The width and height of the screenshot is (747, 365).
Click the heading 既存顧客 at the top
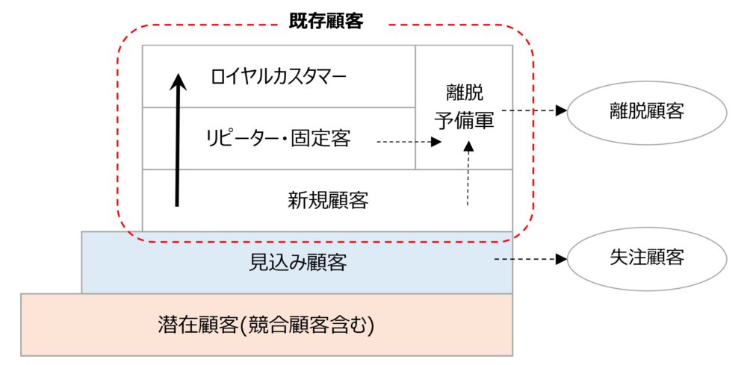(326, 22)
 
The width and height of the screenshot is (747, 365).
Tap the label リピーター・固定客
(278, 138)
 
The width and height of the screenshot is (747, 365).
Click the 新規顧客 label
(327, 200)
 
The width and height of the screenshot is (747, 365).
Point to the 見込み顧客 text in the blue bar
(297, 262)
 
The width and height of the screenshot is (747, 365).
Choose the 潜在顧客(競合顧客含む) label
(266, 325)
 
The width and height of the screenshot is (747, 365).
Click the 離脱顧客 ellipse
(647, 111)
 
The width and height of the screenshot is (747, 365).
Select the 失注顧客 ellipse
(647, 258)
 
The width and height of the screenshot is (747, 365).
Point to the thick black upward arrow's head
(177, 80)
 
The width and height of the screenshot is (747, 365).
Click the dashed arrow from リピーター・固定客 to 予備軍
(407, 140)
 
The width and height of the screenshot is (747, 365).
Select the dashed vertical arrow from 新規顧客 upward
(468, 175)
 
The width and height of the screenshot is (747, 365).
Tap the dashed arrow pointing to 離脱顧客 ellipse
(534, 110)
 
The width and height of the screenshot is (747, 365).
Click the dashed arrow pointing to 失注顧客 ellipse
(532, 260)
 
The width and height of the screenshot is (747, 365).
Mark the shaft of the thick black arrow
(177, 149)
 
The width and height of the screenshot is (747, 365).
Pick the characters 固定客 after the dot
(326, 138)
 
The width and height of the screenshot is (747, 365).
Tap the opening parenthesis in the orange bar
(237, 325)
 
